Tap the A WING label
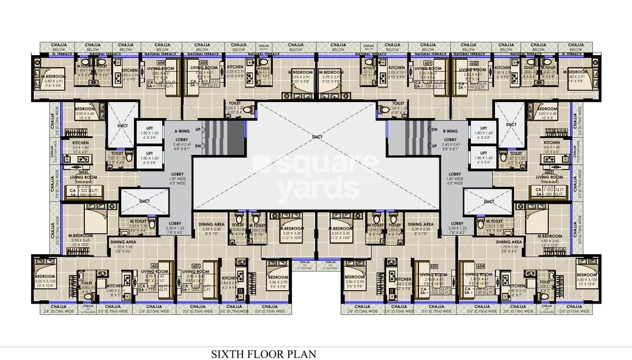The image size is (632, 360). (182, 130)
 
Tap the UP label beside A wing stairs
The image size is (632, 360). (196, 130)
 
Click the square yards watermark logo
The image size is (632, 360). (316, 178)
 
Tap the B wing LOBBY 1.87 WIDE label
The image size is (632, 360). (453, 178)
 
